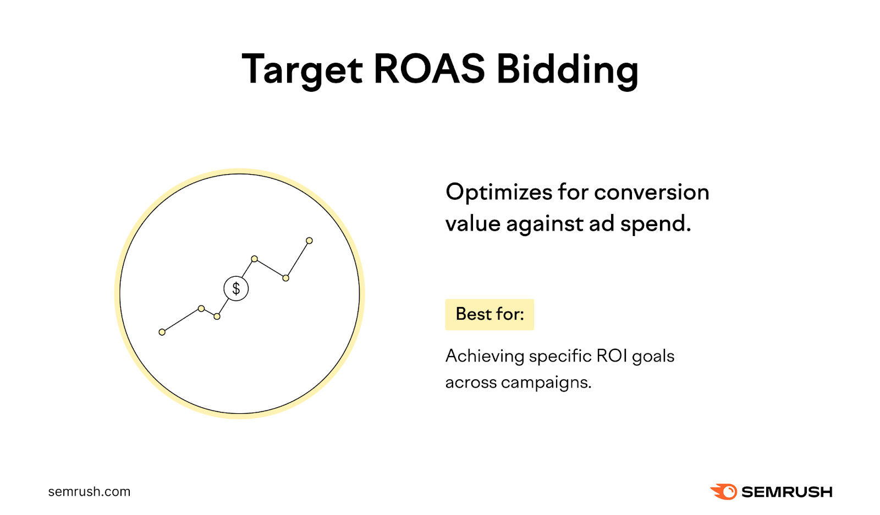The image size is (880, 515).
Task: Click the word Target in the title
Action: coord(302,70)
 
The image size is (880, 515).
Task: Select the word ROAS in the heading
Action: coord(429,69)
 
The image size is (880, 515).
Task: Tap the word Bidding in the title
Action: coord(567,70)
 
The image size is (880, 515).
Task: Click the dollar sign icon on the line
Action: coord(236,288)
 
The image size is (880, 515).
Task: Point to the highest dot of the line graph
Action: coord(309,240)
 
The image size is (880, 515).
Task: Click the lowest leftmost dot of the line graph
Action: coord(162,332)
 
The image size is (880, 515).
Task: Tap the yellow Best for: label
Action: coord(490,314)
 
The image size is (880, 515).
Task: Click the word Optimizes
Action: coord(498,193)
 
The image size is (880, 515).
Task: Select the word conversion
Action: coord(651,193)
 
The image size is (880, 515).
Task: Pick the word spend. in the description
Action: coord(655,224)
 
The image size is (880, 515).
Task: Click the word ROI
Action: coord(612,356)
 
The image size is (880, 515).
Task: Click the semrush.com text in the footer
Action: coord(89,492)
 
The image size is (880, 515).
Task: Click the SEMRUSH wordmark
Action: coord(787,492)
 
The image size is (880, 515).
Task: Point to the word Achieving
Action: coord(485,357)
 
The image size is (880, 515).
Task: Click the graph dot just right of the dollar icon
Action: coord(254,259)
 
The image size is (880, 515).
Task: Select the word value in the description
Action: coord(472,224)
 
